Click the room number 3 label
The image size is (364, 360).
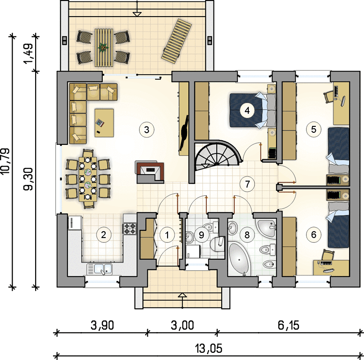pyautogui.click(x=146, y=130)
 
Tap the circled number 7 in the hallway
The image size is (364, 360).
pyautogui.click(x=247, y=184)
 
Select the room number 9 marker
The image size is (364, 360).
pyautogui.click(x=201, y=235)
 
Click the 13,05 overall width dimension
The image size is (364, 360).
pyautogui.click(x=209, y=348)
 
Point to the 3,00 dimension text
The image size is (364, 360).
pyautogui.click(x=182, y=325)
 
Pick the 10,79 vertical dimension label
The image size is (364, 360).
pyautogui.click(x=5, y=161)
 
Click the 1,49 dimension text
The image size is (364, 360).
pyautogui.click(x=28, y=54)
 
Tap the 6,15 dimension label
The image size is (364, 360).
pyautogui.click(x=288, y=325)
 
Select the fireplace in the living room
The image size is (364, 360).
pyautogui.click(x=150, y=172)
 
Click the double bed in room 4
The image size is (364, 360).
pyautogui.click(x=252, y=110)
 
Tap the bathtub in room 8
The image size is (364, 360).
pyautogui.click(x=240, y=259)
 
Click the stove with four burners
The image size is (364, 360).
pyautogui.click(x=130, y=228)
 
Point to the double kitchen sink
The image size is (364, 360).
pyautogui.click(x=100, y=269)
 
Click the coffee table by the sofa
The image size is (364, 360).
pyautogui.click(x=104, y=123)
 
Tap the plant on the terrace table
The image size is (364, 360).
pyautogui.click(x=103, y=47)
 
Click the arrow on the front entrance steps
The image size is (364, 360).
pyautogui.click(x=183, y=300)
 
